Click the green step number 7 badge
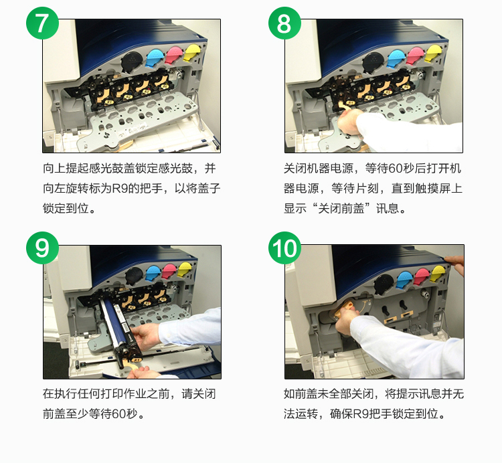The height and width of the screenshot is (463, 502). tap(43, 23)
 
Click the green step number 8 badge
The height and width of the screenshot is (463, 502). tap(284, 23)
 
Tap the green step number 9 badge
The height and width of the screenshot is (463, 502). tap(43, 248)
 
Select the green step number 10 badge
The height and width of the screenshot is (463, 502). tap(284, 248)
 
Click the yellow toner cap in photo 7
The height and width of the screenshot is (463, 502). tap(192, 52)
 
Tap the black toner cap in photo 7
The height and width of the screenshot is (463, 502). tap(132, 62)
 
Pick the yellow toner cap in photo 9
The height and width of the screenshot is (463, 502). tap(184, 270)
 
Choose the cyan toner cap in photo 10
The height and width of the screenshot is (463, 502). tap(405, 280)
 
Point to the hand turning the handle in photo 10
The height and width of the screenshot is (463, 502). tap(347, 320)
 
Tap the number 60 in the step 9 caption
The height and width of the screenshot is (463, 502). tap(118, 413)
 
